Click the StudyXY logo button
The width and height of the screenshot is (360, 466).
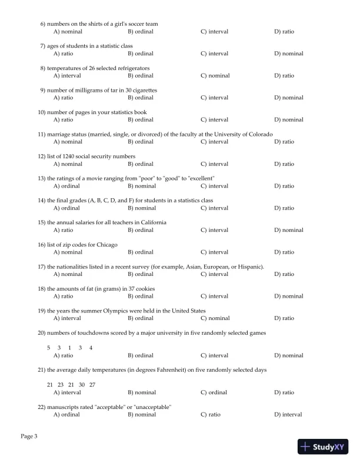tap(324, 447)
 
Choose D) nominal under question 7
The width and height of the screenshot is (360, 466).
tap(288, 54)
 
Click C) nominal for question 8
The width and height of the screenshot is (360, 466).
tap(215, 75)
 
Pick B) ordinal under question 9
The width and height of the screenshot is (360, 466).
tap(140, 98)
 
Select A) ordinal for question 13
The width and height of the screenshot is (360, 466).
tap(66, 186)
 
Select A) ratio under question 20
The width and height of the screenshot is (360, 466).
tap(63, 355)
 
